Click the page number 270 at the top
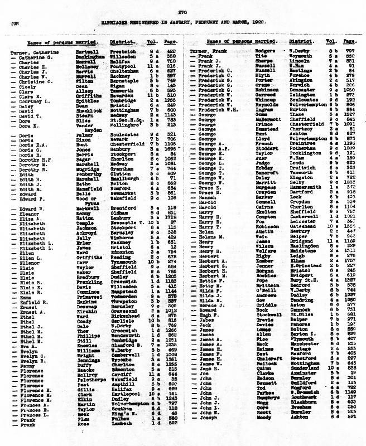pos(182,12)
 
